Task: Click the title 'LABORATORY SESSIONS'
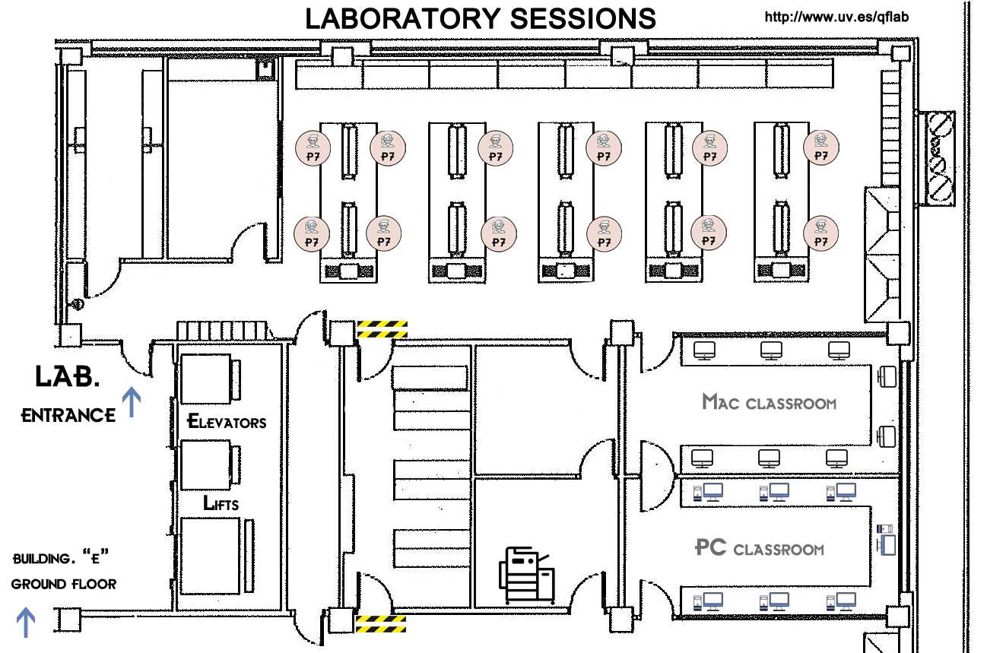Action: tap(480, 18)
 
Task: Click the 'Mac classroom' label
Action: tap(769, 402)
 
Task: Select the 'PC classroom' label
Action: tap(760, 548)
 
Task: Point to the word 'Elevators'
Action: tap(227, 421)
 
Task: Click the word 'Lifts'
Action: tap(221, 503)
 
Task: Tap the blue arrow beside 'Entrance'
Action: tap(132, 401)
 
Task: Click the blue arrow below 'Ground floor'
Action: tap(26, 621)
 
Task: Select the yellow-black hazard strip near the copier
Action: tap(381, 624)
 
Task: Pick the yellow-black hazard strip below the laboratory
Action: tap(382, 328)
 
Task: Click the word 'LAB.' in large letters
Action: tap(67, 376)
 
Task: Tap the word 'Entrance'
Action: tap(68, 415)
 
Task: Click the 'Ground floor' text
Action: tap(64, 584)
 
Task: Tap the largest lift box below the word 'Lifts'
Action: tap(211, 556)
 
